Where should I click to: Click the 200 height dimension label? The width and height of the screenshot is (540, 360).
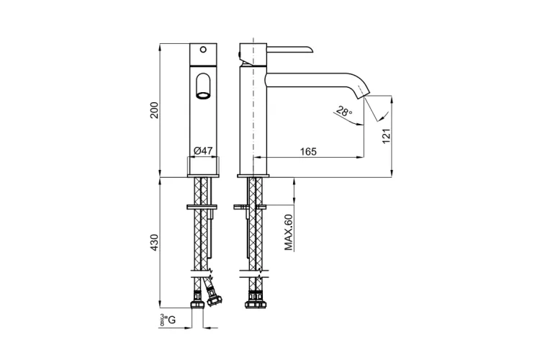point(154,110)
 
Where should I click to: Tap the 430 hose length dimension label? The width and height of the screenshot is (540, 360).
point(154,242)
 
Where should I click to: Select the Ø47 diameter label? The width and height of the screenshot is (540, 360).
point(203,150)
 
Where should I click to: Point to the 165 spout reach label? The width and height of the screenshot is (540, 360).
point(308,152)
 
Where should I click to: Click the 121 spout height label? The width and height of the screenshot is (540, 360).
point(387,136)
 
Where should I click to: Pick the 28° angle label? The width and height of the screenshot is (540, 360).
point(344,112)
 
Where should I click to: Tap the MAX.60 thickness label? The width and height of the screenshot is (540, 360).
point(288,232)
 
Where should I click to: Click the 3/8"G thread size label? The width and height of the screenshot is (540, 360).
point(167,320)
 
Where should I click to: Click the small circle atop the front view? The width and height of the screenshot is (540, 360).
point(203,49)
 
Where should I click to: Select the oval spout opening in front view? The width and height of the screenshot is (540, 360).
point(203,86)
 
